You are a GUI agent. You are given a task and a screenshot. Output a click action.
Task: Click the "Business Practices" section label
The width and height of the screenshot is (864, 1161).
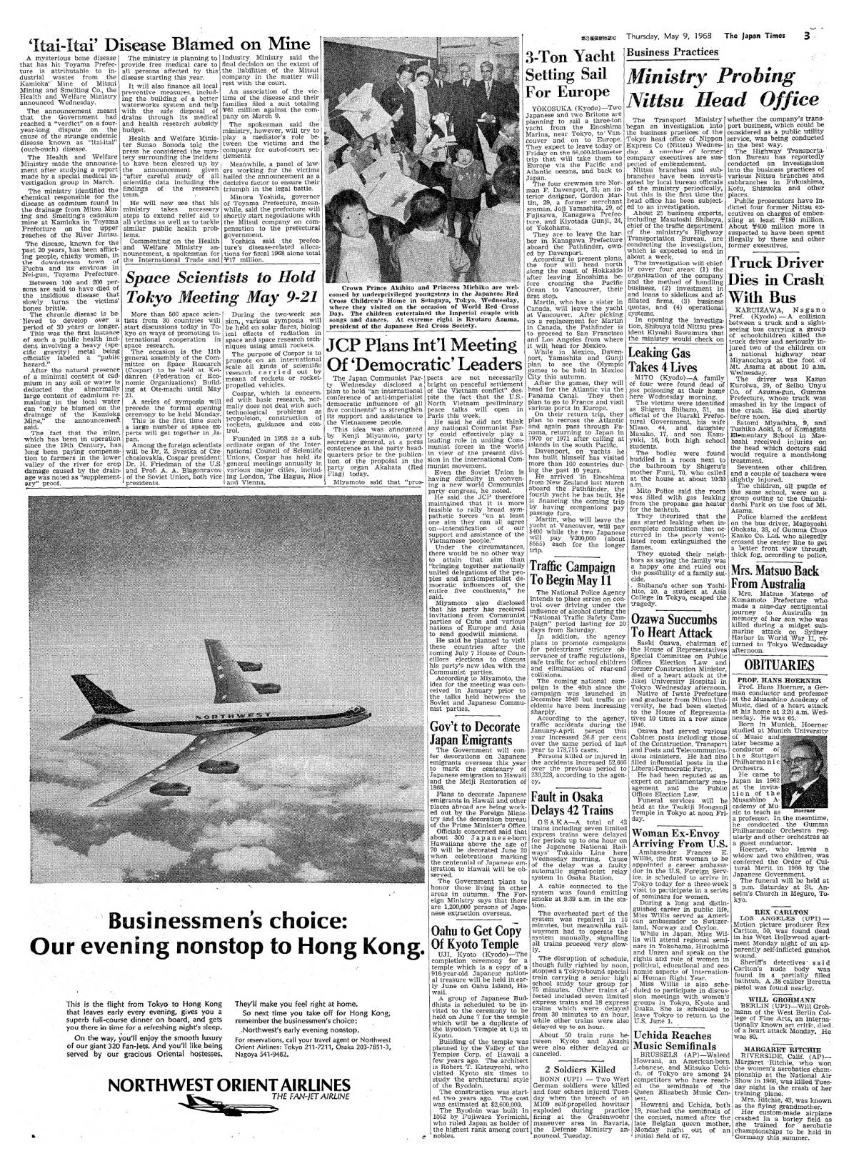click(x=672, y=52)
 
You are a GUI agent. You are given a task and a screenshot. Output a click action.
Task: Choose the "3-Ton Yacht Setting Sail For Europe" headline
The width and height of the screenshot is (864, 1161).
click(x=561, y=75)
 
